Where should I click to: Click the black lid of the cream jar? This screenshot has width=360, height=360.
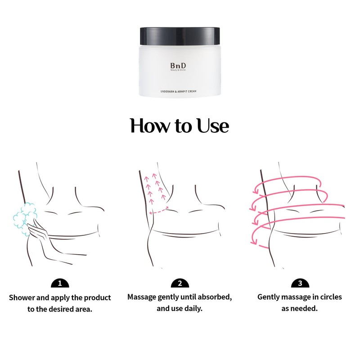(180, 35)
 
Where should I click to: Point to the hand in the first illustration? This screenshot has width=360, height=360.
(38, 234)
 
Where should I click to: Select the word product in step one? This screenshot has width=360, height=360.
(97, 298)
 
